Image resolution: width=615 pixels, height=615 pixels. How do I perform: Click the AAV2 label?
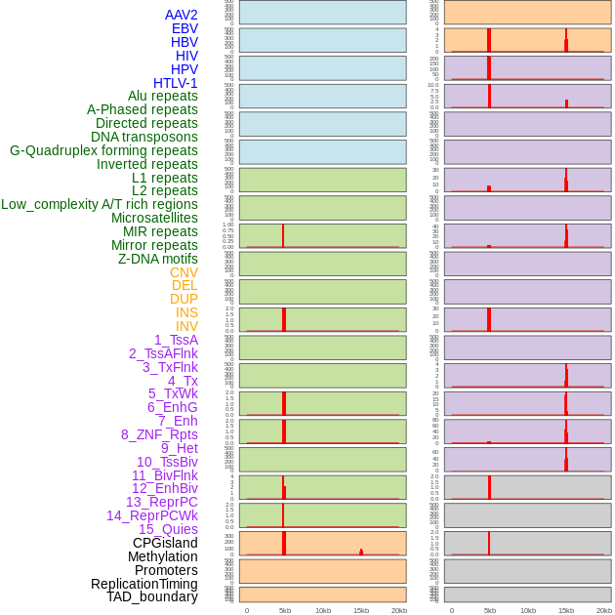click(182, 15)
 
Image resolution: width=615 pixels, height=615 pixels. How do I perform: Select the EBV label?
click(184, 28)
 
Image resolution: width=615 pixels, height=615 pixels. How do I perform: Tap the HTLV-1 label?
click(176, 83)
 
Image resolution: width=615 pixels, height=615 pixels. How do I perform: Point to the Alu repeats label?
click(163, 96)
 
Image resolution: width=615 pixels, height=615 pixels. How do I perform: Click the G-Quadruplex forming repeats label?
click(103, 150)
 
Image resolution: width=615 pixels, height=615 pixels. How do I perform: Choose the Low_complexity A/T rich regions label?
click(100, 204)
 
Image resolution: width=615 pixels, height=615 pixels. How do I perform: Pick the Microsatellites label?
click(154, 218)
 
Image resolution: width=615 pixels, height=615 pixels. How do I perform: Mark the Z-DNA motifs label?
click(158, 259)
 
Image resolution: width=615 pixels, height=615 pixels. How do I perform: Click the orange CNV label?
click(184, 272)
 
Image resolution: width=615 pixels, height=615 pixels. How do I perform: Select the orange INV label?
click(186, 326)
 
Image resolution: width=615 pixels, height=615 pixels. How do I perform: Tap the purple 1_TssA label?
click(176, 340)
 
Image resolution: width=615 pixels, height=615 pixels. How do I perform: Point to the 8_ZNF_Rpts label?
click(159, 434)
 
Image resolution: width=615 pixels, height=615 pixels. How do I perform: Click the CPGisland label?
click(165, 543)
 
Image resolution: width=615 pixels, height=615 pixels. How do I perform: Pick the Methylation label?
click(163, 556)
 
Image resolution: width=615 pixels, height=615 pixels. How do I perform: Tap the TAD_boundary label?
click(152, 596)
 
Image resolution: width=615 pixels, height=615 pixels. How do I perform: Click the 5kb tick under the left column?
click(285, 610)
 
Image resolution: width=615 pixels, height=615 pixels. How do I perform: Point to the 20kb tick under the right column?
click(604, 610)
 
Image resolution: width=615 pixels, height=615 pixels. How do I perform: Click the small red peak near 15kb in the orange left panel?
click(361, 552)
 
